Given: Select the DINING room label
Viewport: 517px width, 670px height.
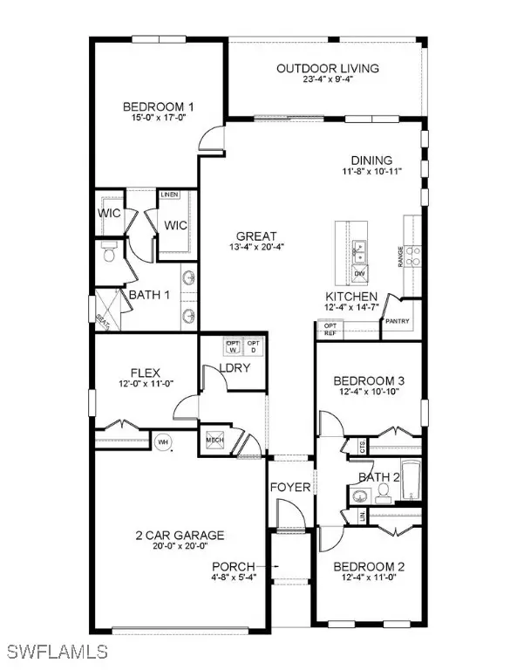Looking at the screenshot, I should click(x=371, y=161).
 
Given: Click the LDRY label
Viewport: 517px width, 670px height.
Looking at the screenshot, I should click(x=235, y=368).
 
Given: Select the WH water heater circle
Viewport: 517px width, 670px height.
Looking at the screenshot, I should click(x=161, y=442).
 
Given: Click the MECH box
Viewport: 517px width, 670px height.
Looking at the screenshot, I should click(x=215, y=441).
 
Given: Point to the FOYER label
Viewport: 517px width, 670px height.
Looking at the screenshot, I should click(x=289, y=487).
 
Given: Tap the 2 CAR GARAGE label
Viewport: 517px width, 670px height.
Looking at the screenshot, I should click(x=179, y=535).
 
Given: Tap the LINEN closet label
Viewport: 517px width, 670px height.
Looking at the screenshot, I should click(x=169, y=195).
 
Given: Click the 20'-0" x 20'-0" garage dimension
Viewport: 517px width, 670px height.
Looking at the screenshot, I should click(x=179, y=547).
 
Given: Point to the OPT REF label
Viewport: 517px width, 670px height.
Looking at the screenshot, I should click(x=330, y=329).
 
